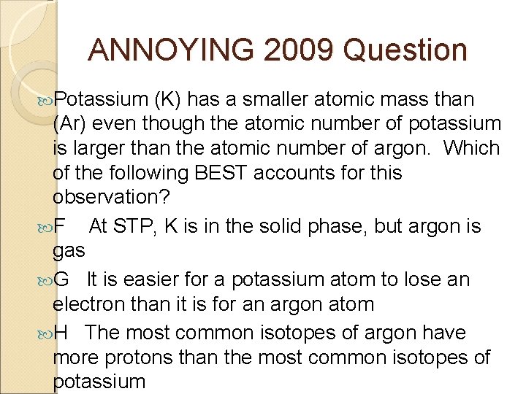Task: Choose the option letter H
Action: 62,333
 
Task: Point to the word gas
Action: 69,251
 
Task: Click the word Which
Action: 471,148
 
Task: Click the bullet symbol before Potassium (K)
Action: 45,100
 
